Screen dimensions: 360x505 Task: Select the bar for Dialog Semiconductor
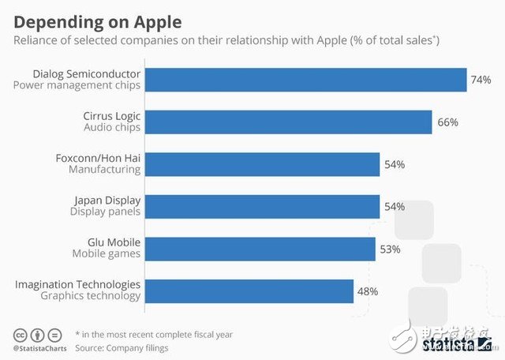[x=306, y=80]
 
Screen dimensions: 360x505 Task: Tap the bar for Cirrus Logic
[x=289, y=122]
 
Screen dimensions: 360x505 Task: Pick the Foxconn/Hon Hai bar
[x=263, y=164]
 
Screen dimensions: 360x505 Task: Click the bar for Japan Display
[x=263, y=207]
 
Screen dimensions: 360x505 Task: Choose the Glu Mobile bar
[x=260, y=249]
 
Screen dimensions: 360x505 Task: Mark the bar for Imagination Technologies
[x=249, y=291]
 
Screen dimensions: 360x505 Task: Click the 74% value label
[x=481, y=80]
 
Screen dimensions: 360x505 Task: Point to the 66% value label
[x=447, y=122]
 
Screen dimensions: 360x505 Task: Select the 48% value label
[x=368, y=291]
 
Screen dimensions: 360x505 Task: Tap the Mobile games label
[x=107, y=254]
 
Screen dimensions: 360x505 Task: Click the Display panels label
[x=105, y=212]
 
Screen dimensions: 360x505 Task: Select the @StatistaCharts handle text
[x=38, y=347]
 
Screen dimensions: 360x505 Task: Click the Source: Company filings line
[x=121, y=347]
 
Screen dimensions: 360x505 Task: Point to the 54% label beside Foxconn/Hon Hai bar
[x=395, y=164]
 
